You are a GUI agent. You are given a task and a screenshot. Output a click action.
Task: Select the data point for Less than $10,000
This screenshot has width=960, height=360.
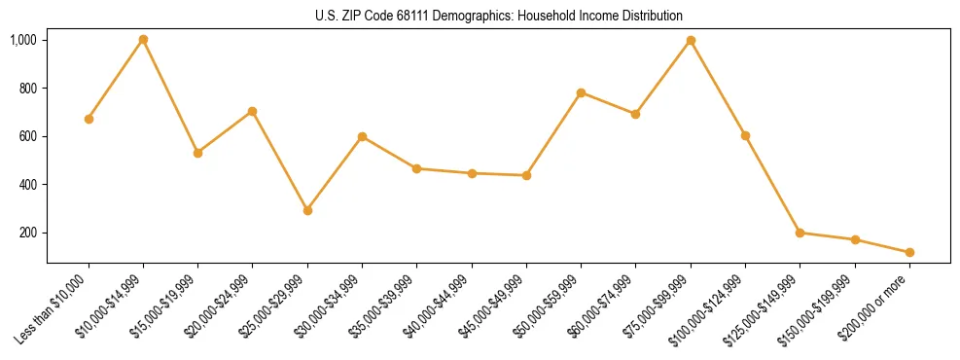pos(89,119)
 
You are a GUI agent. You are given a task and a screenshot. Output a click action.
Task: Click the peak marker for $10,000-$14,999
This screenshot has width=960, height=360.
pos(143,40)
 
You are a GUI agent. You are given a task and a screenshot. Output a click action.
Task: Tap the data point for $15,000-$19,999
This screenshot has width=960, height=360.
pos(197,153)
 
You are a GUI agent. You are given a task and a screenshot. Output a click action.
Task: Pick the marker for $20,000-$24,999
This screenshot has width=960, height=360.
pos(252,111)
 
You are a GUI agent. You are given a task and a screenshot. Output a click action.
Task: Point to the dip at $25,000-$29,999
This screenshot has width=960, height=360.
pos(307,210)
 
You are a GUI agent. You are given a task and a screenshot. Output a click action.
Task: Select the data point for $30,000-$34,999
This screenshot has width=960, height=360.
pos(362,136)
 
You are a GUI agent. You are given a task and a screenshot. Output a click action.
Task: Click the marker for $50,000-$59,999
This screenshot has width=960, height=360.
pos(581,92)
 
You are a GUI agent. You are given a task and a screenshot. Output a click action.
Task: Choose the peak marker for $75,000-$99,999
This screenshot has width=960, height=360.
pos(691,40)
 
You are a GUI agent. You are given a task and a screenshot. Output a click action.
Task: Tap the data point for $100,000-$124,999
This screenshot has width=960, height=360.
pos(745,135)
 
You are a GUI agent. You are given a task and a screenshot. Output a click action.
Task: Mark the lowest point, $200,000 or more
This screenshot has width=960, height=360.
pos(909,252)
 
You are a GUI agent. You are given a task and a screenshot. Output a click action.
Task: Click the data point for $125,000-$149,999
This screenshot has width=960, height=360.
pos(800,233)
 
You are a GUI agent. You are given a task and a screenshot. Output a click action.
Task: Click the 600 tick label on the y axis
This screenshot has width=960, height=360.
pos(26,136)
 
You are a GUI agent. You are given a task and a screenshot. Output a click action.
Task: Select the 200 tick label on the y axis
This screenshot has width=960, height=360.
pos(26,233)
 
